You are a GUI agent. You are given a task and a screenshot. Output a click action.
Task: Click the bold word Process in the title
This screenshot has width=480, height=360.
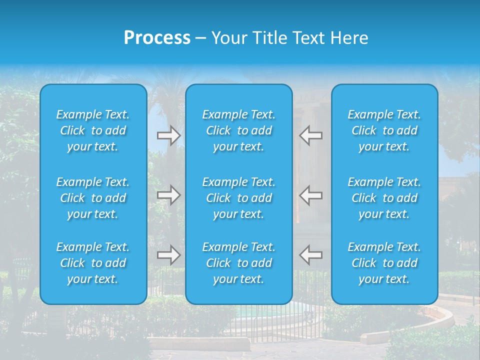(157, 38)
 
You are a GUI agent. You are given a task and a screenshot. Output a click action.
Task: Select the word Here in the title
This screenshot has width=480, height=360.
(349, 38)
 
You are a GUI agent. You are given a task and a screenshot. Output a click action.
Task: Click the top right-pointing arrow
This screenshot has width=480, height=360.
(168, 135)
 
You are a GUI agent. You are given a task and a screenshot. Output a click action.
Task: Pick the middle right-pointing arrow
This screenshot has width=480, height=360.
(168, 194)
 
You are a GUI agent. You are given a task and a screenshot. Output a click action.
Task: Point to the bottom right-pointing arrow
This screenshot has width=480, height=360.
(168, 254)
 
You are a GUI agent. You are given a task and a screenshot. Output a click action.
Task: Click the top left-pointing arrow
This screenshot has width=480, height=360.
(311, 135)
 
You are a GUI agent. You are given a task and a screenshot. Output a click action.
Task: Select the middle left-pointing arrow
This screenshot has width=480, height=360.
(311, 194)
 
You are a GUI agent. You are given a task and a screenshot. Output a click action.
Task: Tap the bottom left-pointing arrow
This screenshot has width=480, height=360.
(311, 254)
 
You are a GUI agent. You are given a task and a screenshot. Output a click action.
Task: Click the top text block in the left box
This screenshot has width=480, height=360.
(93, 130)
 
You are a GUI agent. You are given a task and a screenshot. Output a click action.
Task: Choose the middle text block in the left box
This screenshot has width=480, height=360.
(93, 198)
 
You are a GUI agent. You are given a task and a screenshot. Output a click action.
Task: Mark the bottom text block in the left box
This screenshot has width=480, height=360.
(93, 263)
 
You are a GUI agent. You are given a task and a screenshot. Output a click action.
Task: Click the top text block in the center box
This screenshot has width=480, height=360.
(238, 130)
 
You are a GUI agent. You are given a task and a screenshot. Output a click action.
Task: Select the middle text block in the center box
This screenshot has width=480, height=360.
(238, 198)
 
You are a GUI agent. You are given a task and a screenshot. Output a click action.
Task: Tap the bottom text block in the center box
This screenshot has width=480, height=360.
(238, 263)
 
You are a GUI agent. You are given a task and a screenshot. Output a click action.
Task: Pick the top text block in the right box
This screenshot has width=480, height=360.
(384, 130)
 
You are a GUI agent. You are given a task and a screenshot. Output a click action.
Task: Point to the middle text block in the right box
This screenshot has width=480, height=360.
(384, 198)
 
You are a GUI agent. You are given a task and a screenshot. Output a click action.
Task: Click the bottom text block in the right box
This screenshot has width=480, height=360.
(384, 263)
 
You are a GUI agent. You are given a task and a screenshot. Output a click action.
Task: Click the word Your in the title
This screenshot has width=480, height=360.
(228, 38)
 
